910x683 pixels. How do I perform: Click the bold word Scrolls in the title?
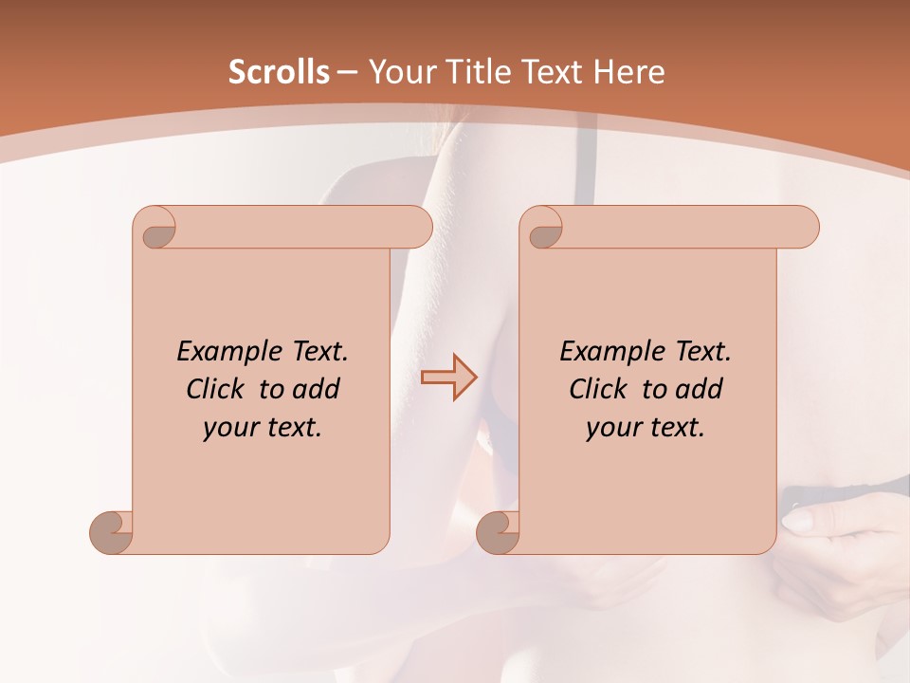click(x=279, y=72)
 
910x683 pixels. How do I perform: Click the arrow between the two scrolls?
click(x=448, y=377)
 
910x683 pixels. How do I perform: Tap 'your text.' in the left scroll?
click(x=263, y=427)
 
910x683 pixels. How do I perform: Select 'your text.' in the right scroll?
click(x=646, y=427)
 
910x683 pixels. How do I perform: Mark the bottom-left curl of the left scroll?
click(x=111, y=531)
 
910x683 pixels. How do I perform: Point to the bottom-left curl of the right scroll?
click(x=498, y=531)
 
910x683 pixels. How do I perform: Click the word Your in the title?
click(x=399, y=72)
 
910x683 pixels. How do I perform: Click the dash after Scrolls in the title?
click(x=347, y=72)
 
